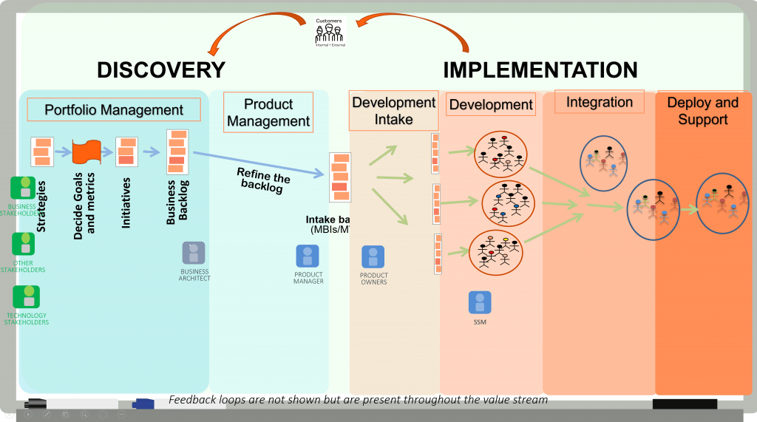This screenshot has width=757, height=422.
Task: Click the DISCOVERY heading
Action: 160,70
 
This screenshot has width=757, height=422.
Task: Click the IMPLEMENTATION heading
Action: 540,70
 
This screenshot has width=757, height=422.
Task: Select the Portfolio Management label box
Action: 114,110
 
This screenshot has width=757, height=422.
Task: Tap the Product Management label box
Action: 268,113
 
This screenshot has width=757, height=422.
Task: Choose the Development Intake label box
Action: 393,110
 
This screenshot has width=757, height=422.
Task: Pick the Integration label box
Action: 599,102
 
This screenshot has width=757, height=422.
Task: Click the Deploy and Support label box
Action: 702,111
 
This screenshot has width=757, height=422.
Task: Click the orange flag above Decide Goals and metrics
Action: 86,152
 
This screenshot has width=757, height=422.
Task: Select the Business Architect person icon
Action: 194,253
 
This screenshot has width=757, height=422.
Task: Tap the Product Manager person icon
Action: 308,256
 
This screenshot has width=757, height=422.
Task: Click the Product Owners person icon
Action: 373,257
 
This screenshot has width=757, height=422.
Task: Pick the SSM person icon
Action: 479,302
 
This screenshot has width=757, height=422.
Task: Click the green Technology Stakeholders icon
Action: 27,297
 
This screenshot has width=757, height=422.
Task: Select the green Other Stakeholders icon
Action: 24,244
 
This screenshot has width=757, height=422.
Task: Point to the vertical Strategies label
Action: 41,206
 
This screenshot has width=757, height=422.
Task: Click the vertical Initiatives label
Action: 126,203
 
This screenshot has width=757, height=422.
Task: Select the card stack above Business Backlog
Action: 177,151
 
